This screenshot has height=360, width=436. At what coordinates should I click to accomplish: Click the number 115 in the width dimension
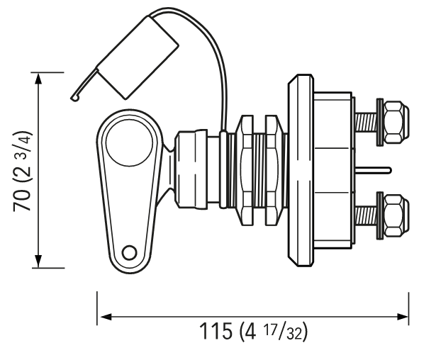tap(216, 331)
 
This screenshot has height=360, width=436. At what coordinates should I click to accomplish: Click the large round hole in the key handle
tap(129, 143)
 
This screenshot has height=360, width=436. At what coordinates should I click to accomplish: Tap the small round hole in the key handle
tap(129, 253)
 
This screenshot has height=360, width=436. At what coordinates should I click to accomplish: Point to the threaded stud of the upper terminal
tap(366, 123)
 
